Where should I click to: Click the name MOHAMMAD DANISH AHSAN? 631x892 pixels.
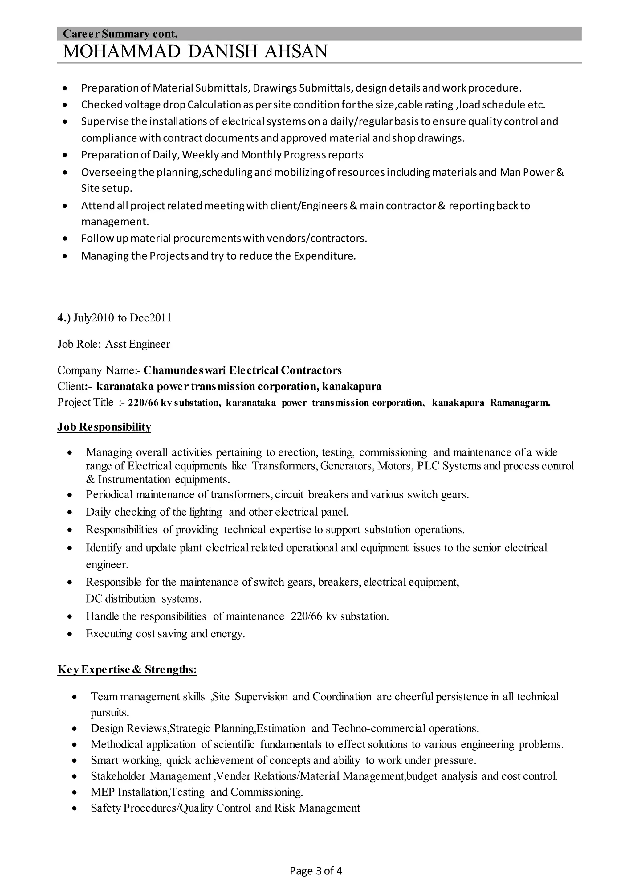tap(195, 52)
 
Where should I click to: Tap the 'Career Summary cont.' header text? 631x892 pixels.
tap(120, 34)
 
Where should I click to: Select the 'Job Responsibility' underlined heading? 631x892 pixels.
tap(104, 427)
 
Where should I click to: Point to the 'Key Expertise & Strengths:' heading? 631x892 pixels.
tap(127, 670)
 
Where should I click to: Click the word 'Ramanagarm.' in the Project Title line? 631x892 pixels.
tap(520, 403)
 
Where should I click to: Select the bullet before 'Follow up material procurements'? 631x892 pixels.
tap(65, 239)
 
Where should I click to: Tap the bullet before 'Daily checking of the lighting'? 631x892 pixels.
tap(70, 513)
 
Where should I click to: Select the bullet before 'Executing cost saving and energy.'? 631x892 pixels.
tap(70, 634)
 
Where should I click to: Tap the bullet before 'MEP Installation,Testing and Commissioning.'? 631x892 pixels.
tap(75, 792)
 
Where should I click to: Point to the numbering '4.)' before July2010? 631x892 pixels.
tap(64, 318)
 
